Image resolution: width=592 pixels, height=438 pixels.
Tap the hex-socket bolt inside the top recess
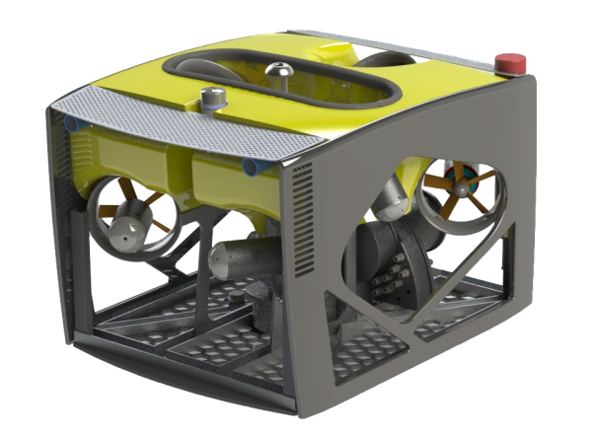278,70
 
